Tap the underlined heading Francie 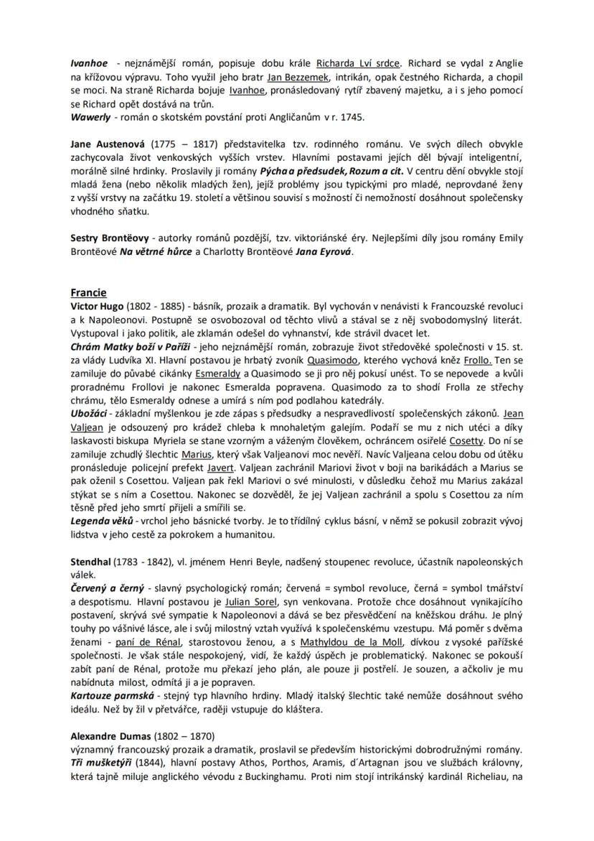point(88,292)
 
